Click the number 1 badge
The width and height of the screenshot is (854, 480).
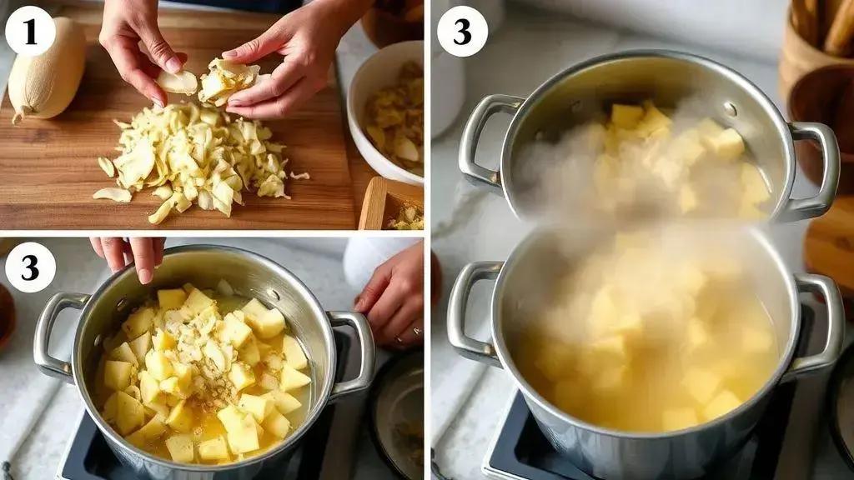click(x=30, y=31)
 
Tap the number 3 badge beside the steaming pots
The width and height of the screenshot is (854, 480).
click(x=462, y=31)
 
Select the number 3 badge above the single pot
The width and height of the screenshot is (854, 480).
click(x=30, y=267)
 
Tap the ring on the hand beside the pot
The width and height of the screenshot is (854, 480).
click(x=417, y=331)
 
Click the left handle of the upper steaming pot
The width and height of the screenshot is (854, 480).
click(x=483, y=139)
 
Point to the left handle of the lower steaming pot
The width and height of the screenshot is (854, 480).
click(x=472, y=310)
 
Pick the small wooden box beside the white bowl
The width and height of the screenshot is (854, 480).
click(x=390, y=204)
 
